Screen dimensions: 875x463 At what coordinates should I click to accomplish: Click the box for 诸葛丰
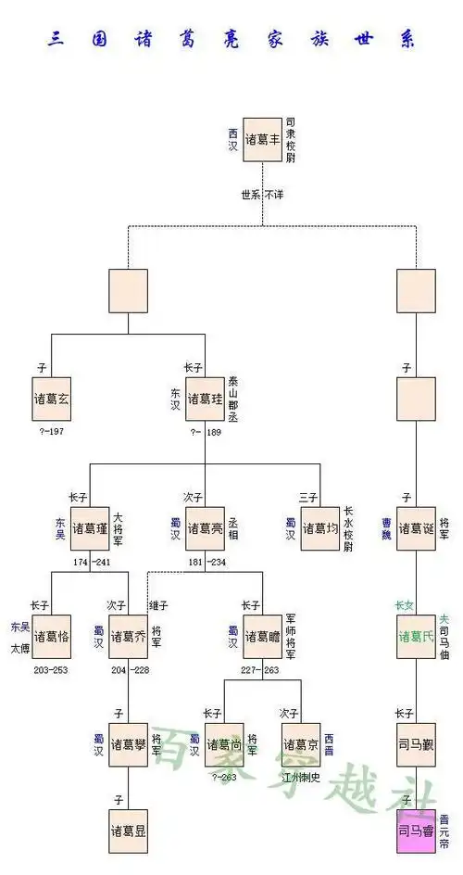[x=262, y=139]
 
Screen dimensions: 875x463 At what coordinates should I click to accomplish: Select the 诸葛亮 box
[x=206, y=528]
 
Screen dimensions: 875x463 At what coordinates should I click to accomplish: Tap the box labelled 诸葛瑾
[x=90, y=528]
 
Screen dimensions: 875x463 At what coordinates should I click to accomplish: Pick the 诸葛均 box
[x=320, y=528]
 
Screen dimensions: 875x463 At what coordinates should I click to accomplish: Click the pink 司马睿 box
[x=416, y=830]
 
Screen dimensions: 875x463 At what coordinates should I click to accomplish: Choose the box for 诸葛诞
[x=416, y=528]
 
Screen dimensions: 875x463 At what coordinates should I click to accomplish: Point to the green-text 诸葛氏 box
[x=416, y=636]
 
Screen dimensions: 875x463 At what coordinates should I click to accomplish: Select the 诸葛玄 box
[x=51, y=399]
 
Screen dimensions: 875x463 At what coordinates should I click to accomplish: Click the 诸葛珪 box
[x=206, y=399]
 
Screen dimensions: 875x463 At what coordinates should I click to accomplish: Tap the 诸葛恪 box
[x=51, y=636]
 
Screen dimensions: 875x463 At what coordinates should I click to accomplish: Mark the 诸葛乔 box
[x=128, y=636]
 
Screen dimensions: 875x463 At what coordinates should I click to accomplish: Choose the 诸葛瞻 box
[x=262, y=636]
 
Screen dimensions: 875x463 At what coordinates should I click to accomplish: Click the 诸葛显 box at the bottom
[x=128, y=831]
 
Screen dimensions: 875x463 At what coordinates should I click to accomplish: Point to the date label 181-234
[x=206, y=562]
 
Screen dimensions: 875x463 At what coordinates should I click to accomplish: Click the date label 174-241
[x=90, y=562]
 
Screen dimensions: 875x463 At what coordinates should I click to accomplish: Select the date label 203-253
[x=51, y=669]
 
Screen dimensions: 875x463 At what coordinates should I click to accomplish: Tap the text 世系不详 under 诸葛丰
[x=262, y=196]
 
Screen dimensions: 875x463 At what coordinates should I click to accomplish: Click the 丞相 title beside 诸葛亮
[x=232, y=528]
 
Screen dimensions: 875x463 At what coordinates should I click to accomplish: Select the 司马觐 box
[x=416, y=744]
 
